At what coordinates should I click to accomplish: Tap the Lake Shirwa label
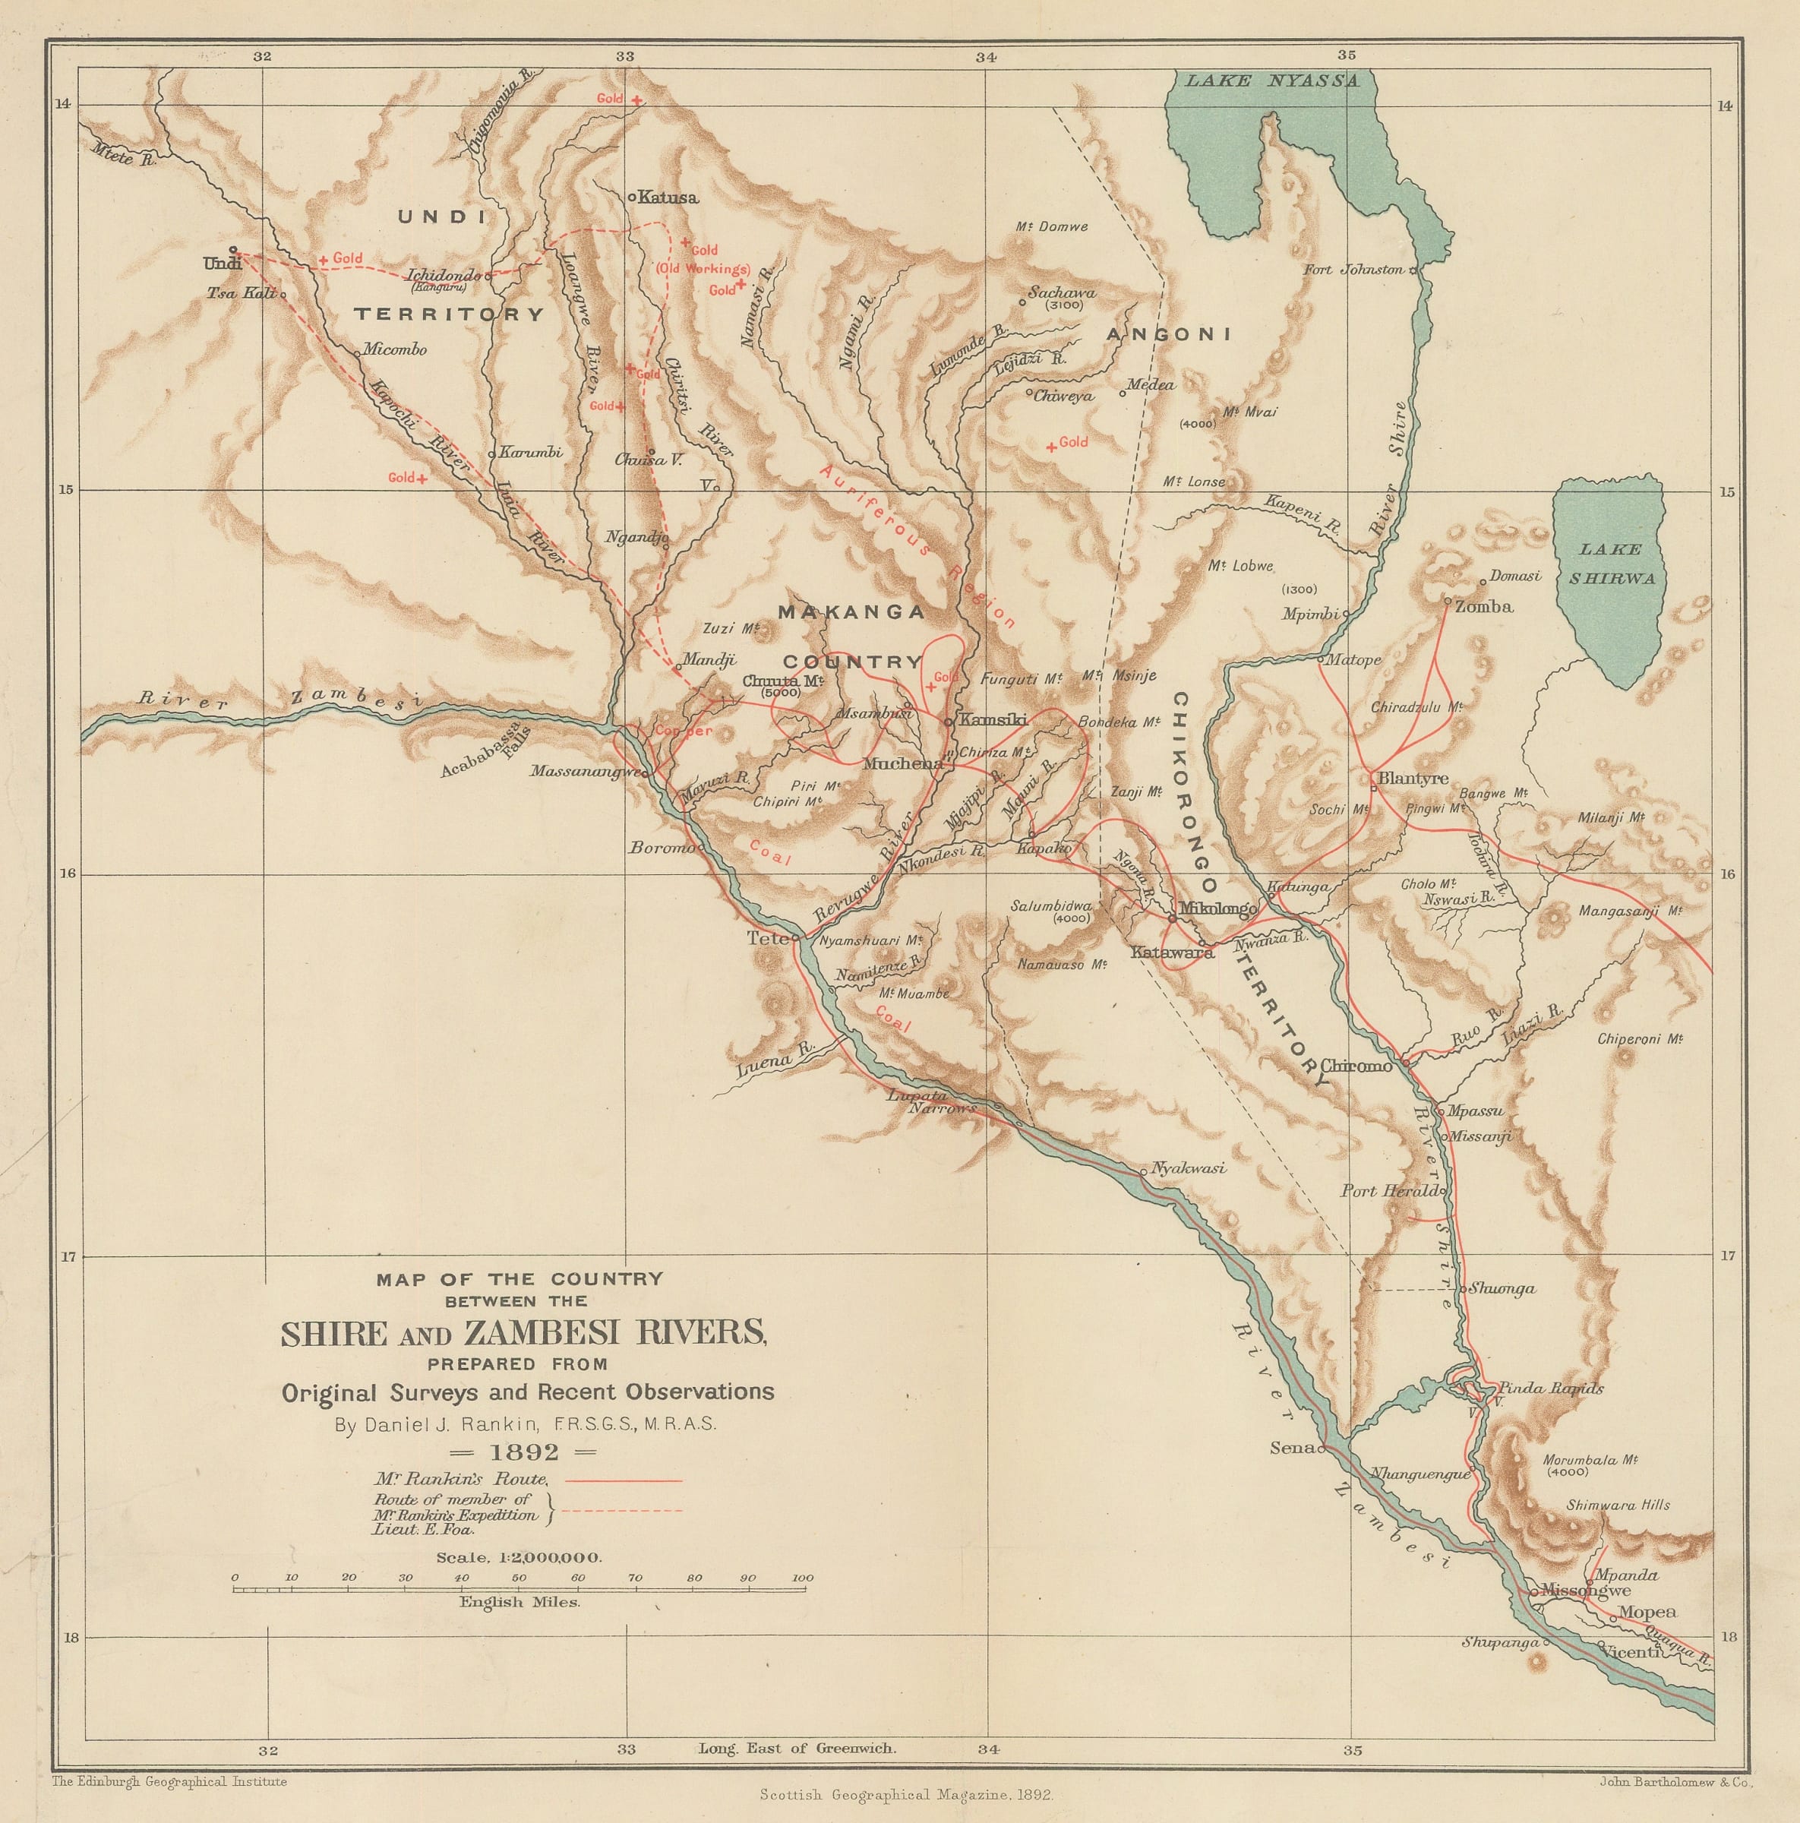click(1612, 564)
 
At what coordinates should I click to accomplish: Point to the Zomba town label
click(1484, 607)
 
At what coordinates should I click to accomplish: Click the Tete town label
click(759, 938)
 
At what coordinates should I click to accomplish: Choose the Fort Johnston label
click(1353, 270)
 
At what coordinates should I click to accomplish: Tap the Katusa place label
click(667, 198)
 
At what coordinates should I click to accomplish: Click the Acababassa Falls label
click(486, 752)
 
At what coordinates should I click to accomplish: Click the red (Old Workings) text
click(702, 269)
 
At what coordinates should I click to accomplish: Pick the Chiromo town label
click(1356, 1066)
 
